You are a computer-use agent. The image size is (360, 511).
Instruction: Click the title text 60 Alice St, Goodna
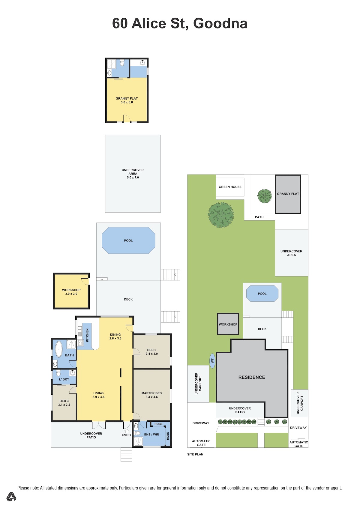[180, 23]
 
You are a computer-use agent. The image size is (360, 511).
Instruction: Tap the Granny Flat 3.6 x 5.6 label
[127, 100]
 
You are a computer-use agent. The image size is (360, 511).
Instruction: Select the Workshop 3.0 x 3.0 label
[71, 292]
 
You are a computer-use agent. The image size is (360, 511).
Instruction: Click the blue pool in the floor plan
[128, 240]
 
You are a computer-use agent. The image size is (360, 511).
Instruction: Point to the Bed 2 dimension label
[151, 354]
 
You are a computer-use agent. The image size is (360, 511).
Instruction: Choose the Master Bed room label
[151, 393]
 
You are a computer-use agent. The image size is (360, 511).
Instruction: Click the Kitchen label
[87, 335]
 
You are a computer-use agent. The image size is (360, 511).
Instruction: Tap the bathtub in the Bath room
[59, 349]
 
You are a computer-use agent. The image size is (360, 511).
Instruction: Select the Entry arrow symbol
[127, 431]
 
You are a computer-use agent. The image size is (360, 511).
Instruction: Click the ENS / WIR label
[151, 434]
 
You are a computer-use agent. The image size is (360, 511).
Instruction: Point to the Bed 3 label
[64, 401]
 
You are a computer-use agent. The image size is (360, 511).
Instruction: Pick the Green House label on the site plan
[230, 187]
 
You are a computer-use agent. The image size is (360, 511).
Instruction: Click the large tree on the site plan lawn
[221, 215]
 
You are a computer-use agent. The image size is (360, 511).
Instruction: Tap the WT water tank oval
[212, 361]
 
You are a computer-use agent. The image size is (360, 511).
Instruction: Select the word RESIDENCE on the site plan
[252, 377]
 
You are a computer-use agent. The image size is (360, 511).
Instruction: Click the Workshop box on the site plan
[228, 324]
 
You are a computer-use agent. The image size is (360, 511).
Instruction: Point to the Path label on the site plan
[259, 217]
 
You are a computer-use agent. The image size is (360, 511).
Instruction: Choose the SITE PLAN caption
[195, 454]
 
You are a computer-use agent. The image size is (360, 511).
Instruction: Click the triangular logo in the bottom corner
[11, 497]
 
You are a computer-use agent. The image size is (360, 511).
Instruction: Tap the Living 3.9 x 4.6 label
[98, 395]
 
